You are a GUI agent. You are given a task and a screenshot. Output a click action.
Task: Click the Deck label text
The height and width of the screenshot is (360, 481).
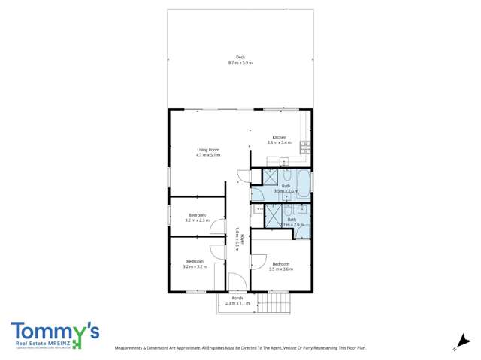pyautogui.click(x=240, y=57)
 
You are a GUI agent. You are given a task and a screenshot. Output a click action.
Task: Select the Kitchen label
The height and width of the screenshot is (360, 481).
pyautogui.click(x=279, y=138)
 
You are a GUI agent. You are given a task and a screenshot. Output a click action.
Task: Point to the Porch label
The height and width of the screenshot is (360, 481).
pyautogui.click(x=237, y=298)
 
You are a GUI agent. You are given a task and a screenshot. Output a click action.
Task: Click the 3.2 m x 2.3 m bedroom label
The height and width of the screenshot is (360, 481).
pyautogui.click(x=196, y=217)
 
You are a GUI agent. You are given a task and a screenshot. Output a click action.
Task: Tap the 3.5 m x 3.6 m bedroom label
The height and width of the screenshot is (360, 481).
pyautogui.click(x=280, y=265)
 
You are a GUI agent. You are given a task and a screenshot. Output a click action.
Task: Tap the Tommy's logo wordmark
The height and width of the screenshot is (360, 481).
pyautogui.click(x=55, y=331)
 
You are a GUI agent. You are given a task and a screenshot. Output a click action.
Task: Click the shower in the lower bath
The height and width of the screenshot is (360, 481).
pyautogui.click(x=274, y=215)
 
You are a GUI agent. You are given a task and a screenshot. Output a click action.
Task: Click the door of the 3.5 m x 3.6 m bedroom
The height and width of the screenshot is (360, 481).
pyautogui.click(x=258, y=262)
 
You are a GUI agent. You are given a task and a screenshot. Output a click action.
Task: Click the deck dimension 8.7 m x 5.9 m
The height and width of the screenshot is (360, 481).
pyautogui.click(x=240, y=63)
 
